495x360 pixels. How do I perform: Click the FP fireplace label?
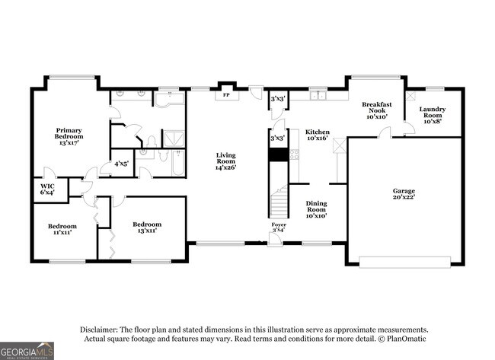226,95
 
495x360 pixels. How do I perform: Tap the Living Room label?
225,161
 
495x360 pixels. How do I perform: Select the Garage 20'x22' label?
404,194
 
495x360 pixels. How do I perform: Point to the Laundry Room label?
433,115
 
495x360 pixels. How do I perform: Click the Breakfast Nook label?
377,110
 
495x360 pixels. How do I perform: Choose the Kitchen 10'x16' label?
318,135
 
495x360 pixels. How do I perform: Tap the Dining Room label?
316,209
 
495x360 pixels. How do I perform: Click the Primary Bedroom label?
69,136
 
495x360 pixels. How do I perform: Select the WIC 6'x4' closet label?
47,189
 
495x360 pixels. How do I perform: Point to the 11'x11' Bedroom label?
62,229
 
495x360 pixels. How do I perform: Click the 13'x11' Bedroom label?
147,227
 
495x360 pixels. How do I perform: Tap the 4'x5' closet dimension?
121,164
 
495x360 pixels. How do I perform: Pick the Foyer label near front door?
279,227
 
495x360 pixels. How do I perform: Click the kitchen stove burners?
294,155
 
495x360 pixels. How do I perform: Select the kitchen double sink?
318,95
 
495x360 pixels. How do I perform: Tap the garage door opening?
404,263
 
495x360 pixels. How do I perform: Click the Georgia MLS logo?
27,351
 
